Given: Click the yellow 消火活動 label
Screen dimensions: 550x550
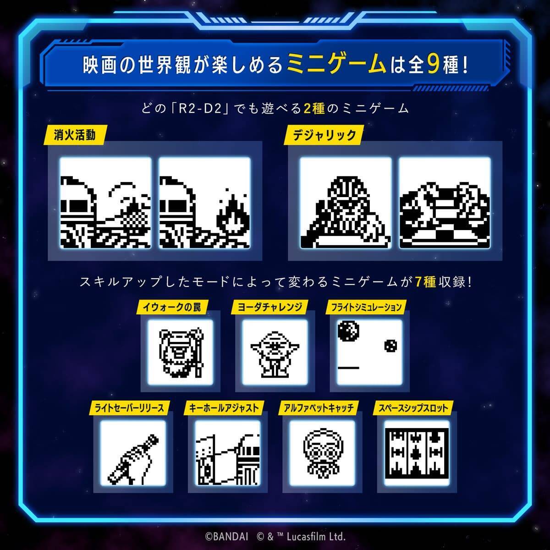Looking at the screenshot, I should pyautogui.click(x=74, y=136).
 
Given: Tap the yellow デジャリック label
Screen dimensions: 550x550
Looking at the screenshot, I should pyautogui.click(x=324, y=136).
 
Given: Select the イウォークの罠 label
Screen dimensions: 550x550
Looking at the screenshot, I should pyautogui.click(x=172, y=307).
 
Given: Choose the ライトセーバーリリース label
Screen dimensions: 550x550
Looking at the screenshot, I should pyautogui.click(x=129, y=407).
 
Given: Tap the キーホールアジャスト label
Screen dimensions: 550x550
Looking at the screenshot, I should pyautogui.click(x=224, y=407).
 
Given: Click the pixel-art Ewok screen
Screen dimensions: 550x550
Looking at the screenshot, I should pyautogui.click(x=180, y=352).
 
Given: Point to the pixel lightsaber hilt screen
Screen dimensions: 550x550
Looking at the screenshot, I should pyautogui.click(x=132, y=453).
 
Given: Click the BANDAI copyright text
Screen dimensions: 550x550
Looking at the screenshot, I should pyautogui.click(x=226, y=535).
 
